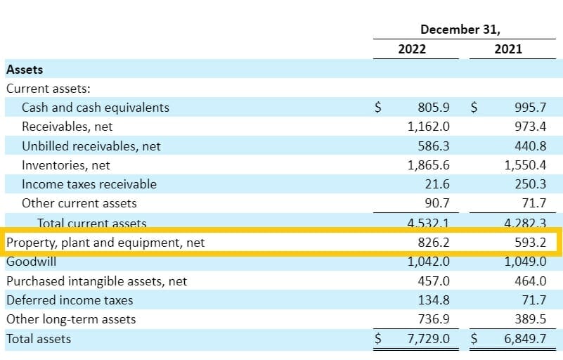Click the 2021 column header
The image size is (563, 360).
[508, 50]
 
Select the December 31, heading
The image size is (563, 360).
[460, 29]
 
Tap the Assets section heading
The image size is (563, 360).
[25, 70]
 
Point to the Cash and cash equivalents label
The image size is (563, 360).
[96, 108]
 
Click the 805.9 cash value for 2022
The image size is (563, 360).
[433, 108]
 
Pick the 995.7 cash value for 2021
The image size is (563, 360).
[530, 108]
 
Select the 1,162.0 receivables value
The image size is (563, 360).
[428, 127]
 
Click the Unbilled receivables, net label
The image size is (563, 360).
[91, 146]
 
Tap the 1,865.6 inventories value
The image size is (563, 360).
[428, 165]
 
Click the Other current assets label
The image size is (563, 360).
[79, 203]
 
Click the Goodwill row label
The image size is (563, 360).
[31, 262]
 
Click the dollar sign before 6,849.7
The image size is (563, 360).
[474, 338]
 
